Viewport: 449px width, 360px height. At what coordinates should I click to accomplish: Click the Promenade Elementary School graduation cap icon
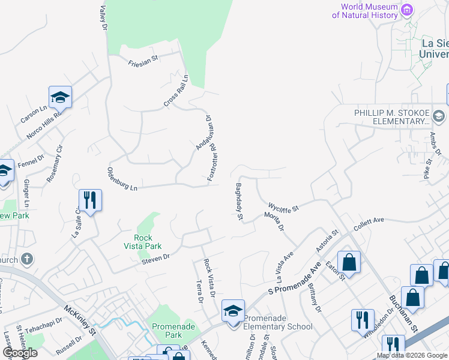pos(233,310)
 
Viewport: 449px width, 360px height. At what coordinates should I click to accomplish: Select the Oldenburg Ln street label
pos(123,179)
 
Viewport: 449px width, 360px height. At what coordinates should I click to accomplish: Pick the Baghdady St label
pos(238,201)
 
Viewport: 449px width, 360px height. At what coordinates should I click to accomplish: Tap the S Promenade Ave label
pos(295,278)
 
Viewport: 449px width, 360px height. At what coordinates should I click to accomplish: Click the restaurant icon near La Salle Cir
pos(90,200)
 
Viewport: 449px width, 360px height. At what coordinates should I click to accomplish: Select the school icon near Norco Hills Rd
pos(60,97)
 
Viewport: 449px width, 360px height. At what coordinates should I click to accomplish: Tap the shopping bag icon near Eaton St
pos(349,262)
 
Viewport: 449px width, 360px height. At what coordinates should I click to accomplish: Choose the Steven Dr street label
pos(156,257)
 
